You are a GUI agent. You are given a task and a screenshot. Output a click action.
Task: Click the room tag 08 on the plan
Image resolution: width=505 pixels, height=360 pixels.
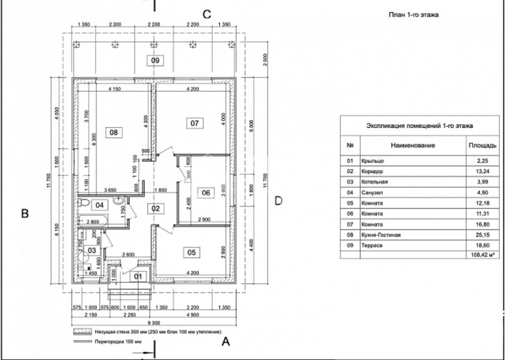click(114, 132)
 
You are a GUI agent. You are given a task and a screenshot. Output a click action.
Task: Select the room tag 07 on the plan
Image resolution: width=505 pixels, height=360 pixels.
click(195, 123)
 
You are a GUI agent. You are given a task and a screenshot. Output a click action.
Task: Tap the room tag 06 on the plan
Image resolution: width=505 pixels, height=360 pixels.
click(206, 193)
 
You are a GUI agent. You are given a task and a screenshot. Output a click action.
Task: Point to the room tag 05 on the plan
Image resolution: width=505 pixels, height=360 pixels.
click(191, 252)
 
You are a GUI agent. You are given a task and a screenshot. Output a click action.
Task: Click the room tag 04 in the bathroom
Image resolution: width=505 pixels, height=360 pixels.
click(100, 205)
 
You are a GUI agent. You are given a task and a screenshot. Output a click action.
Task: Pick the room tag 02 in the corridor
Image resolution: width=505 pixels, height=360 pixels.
click(155, 208)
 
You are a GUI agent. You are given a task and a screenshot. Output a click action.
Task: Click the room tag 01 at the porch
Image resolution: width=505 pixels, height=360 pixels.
click(137, 277)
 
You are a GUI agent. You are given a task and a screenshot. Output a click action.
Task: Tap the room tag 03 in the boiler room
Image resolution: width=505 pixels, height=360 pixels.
click(92, 250)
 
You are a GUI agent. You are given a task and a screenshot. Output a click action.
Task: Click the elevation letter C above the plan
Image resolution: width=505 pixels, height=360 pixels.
click(206, 14)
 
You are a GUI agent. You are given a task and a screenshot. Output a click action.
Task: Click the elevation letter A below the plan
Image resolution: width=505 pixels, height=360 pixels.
click(224, 340)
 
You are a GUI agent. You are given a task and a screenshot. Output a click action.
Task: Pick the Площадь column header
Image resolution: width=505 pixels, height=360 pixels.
click(482, 146)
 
